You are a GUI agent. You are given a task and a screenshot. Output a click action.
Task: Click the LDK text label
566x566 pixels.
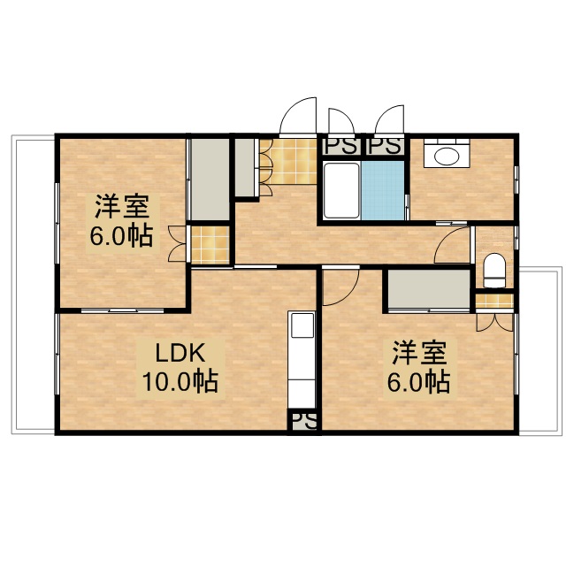point(181,354)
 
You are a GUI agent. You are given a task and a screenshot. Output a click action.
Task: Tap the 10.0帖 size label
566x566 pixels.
point(181,382)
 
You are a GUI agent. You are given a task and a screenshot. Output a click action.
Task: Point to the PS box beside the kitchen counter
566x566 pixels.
point(303,421)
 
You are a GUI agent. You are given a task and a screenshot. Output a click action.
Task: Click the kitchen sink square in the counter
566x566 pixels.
point(302,325)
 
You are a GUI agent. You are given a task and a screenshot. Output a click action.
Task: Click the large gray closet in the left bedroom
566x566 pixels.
point(210,179)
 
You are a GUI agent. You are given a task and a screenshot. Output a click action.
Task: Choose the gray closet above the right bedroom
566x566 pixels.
point(429,290)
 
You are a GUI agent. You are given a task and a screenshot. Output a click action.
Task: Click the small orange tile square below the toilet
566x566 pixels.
point(494,301)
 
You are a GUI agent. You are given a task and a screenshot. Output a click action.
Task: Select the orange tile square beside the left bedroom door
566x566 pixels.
point(210,244)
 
